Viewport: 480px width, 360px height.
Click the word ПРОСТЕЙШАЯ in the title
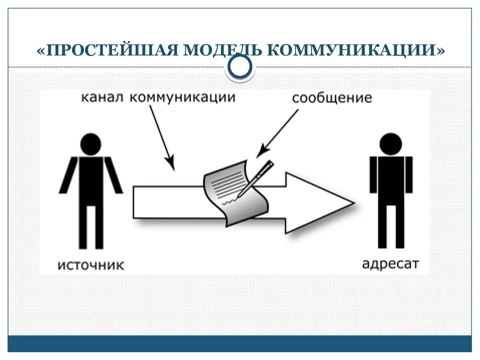pos(112,50)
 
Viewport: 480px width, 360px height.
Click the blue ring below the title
pos(240,66)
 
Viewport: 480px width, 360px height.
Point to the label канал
pos(102,97)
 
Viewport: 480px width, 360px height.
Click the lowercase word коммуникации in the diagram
pos(183,97)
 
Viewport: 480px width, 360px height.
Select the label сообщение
pos(332,98)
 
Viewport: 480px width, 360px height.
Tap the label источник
pos(91,265)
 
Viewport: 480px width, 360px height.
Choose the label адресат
pos(390,264)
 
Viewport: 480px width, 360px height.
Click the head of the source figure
pos(90,144)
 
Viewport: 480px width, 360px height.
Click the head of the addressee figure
pos(390,144)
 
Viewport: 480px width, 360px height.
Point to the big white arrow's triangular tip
pos(354,203)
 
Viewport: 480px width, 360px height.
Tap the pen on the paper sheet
pos(255,178)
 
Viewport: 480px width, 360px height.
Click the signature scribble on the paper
pos(229,202)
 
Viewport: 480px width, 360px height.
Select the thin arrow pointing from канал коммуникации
pos(162,138)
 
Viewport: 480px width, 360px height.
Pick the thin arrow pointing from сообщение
pos(277,133)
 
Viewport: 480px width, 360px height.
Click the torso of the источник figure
pos(91,180)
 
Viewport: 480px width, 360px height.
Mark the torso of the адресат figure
pos(391,180)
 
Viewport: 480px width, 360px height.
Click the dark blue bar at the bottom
pos(239,343)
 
